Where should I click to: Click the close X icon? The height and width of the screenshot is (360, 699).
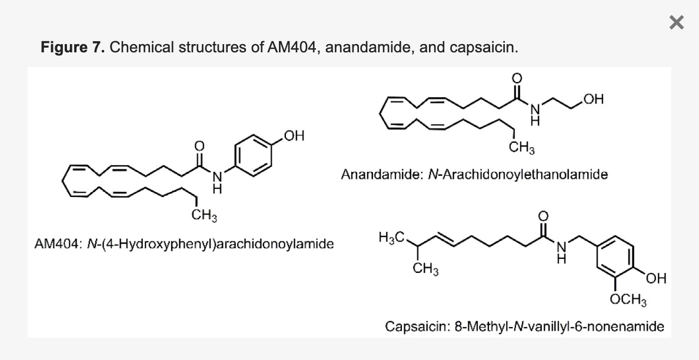pyautogui.click(x=677, y=23)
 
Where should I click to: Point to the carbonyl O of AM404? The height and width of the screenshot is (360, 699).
pyautogui.click(x=199, y=145)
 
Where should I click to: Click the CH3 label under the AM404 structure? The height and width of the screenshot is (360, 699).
pyautogui.click(x=204, y=216)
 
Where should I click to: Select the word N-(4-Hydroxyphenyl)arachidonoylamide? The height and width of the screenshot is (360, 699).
pyautogui.click(x=210, y=243)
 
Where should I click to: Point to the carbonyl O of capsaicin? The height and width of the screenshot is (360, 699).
pyautogui.click(x=543, y=217)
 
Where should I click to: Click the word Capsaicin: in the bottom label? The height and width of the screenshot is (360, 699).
pyautogui.click(x=418, y=326)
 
